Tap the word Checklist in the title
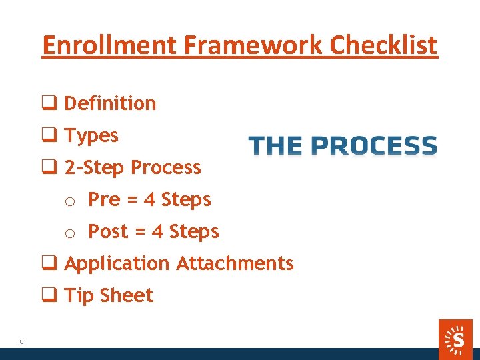coord(384,45)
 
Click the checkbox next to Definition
coord(49,103)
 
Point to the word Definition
coord(110,103)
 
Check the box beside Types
coord(49,135)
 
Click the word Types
coord(91,136)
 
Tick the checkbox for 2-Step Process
coord(49,167)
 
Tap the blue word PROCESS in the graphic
coord(374,145)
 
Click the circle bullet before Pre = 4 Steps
coord(69,201)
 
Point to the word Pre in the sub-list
coord(103,199)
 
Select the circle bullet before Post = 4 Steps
coord(69,233)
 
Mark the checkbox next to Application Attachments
coord(49,263)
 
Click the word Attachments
coord(235,263)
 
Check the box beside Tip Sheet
coord(49,295)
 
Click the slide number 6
coord(21,341)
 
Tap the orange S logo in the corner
coord(457,339)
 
